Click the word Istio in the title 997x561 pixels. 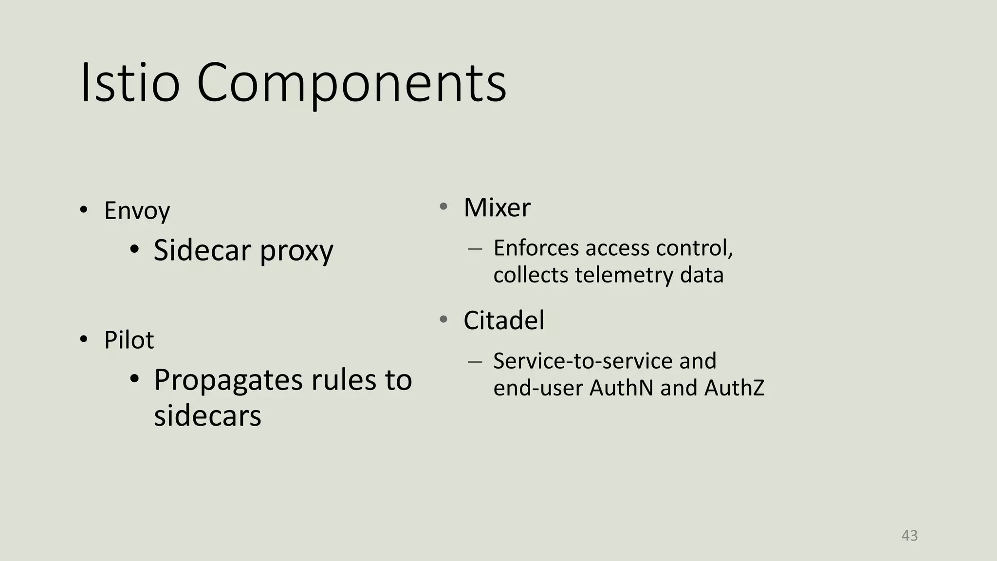(x=130, y=82)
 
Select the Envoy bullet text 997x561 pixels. (x=137, y=211)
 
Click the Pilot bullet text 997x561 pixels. (x=129, y=340)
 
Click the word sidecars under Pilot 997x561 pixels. (x=207, y=416)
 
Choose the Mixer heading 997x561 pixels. (x=497, y=207)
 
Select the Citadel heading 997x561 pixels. (x=504, y=320)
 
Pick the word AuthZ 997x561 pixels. (x=734, y=388)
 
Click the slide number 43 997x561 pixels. (x=909, y=536)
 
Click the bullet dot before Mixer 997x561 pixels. (x=443, y=206)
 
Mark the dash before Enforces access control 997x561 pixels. (x=475, y=249)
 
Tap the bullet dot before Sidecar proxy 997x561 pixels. (x=135, y=250)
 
